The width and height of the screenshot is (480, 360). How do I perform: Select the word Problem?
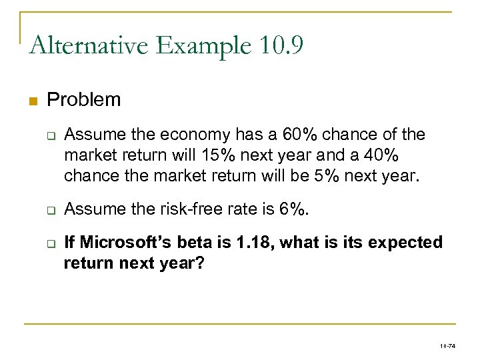point(84,100)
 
